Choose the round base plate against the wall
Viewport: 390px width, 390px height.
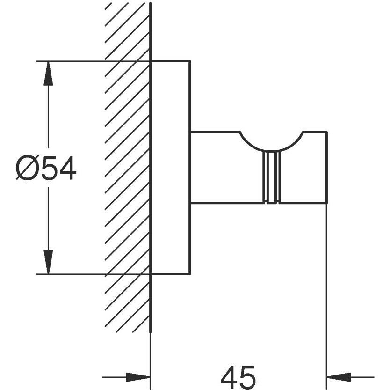(x=170, y=167)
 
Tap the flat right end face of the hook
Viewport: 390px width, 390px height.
(x=327, y=168)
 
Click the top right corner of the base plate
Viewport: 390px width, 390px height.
(x=189, y=61)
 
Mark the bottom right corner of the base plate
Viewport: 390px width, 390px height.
(x=189, y=274)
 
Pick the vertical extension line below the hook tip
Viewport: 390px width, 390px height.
(x=327, y=290)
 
